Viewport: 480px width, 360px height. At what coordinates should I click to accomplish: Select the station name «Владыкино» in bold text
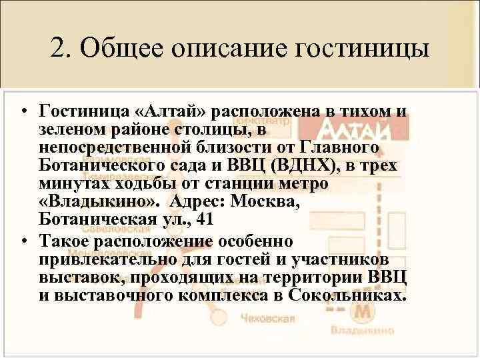coord(98,202)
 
